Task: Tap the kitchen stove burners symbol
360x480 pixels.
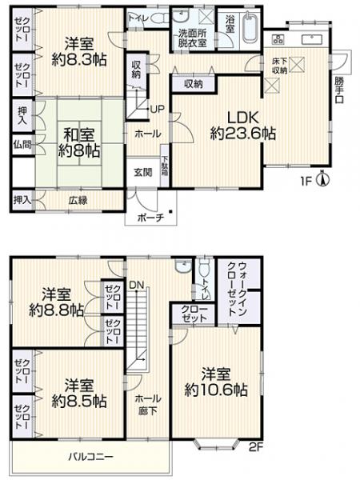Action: coord(278,40)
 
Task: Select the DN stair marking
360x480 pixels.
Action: coord(137,283)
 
